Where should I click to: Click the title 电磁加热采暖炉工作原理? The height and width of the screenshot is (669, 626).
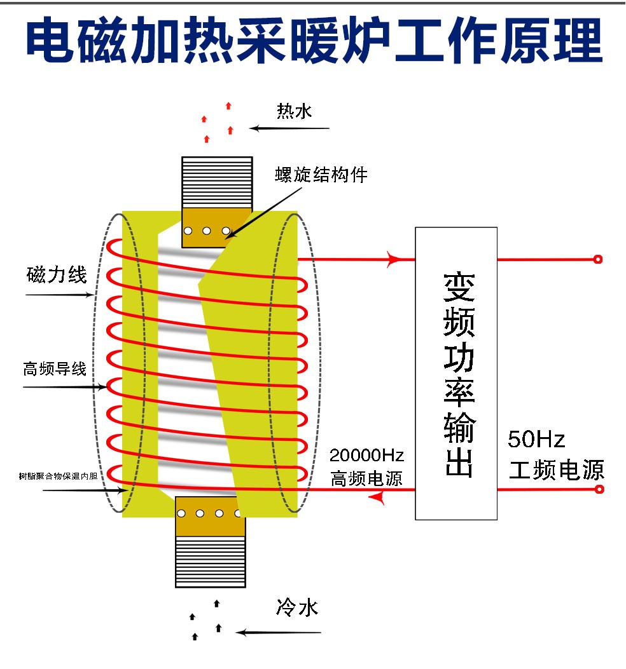pos(313,40)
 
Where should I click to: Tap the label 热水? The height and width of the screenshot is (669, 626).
pos(294,112)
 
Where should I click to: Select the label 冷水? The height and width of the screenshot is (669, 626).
pos(296,608)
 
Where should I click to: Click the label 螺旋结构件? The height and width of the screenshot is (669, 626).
pos(321,174)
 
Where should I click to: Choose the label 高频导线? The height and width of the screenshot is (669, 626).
pos(55,369)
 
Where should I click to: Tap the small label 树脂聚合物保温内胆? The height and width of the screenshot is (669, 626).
pos(58,475)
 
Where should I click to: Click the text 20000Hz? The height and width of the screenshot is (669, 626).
pos(366,456)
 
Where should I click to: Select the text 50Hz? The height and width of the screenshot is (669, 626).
pos(536,439)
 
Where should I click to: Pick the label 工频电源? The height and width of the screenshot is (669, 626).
pos(556,470)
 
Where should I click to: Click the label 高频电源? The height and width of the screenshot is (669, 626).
pos(366,478)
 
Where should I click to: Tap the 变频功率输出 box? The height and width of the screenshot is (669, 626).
pos(456,373)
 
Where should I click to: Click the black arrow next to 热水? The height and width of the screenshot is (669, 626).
pos(289,128)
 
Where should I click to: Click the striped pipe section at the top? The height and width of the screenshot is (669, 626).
pos(217,182)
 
